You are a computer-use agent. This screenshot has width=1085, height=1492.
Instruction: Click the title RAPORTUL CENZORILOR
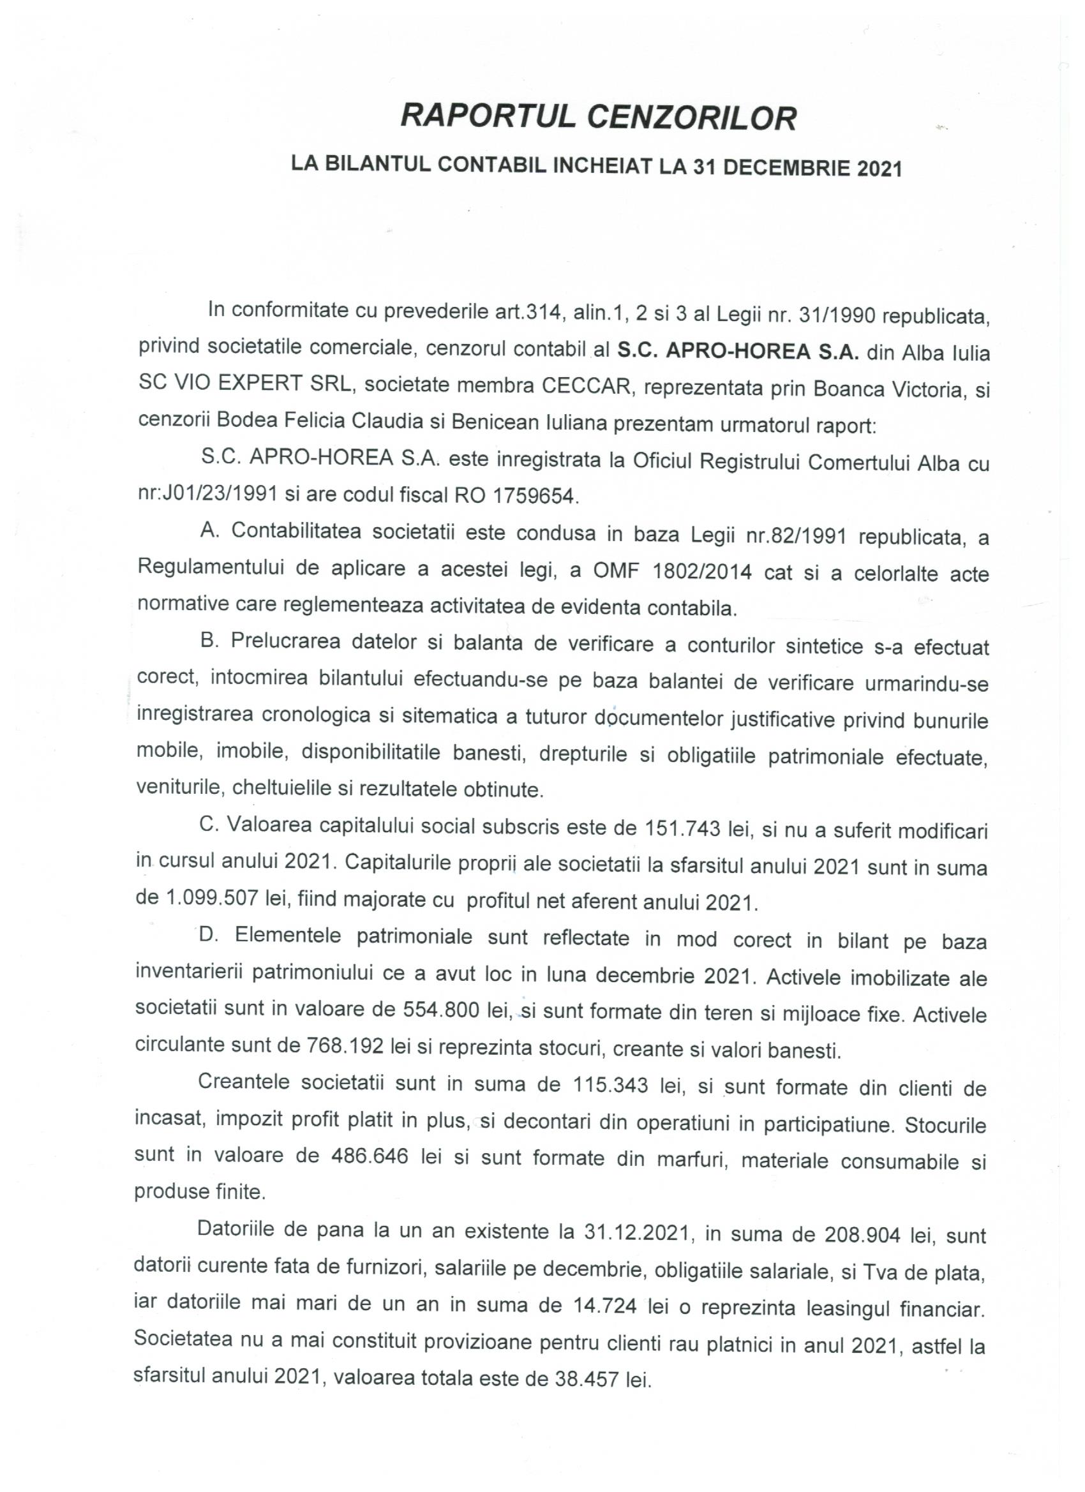tap(598, 118)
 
